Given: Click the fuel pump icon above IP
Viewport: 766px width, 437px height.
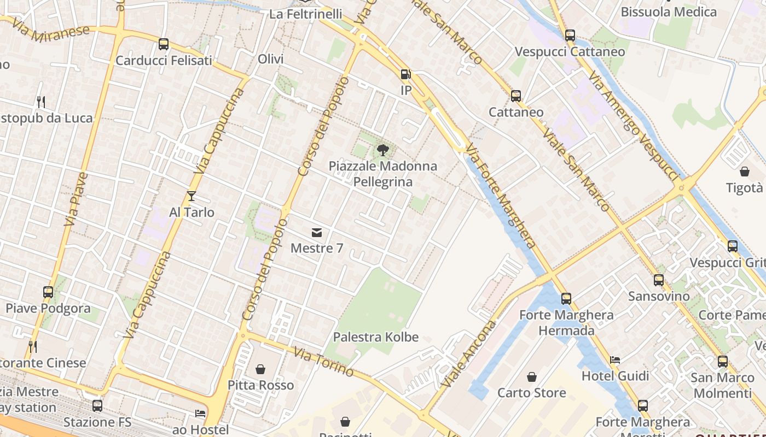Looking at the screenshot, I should [405, 74].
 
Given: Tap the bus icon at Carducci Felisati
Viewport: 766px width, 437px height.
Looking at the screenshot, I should [164, 44].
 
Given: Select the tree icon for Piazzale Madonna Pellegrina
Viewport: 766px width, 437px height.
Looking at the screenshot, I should [383, 150].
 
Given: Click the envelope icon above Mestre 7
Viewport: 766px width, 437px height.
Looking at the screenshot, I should [316, 233].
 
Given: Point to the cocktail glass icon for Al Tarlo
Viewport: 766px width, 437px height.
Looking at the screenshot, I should [191, 196].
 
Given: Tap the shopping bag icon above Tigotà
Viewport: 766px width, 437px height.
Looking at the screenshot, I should [744, 172].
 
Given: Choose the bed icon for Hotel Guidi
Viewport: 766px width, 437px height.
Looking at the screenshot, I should [615, 360].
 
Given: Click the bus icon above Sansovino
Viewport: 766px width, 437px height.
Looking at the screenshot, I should [659, 280].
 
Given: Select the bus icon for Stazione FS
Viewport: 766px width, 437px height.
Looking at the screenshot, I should [97, 406].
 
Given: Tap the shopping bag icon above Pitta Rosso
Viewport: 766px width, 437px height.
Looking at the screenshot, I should [260, 369].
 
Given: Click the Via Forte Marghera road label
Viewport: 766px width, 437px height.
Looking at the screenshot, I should [500, 196].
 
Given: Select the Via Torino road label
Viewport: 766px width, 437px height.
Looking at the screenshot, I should [323, 362].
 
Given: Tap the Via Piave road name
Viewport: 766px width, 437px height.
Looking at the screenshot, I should [76, 199].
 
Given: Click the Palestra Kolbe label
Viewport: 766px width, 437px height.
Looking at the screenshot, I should [375, 337].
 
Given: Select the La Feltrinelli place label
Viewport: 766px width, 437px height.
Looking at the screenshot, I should [306, 14].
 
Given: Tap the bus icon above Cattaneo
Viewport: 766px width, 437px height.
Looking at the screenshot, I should [516, 96].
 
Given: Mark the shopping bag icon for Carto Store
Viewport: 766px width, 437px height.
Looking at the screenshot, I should [531, 377].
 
